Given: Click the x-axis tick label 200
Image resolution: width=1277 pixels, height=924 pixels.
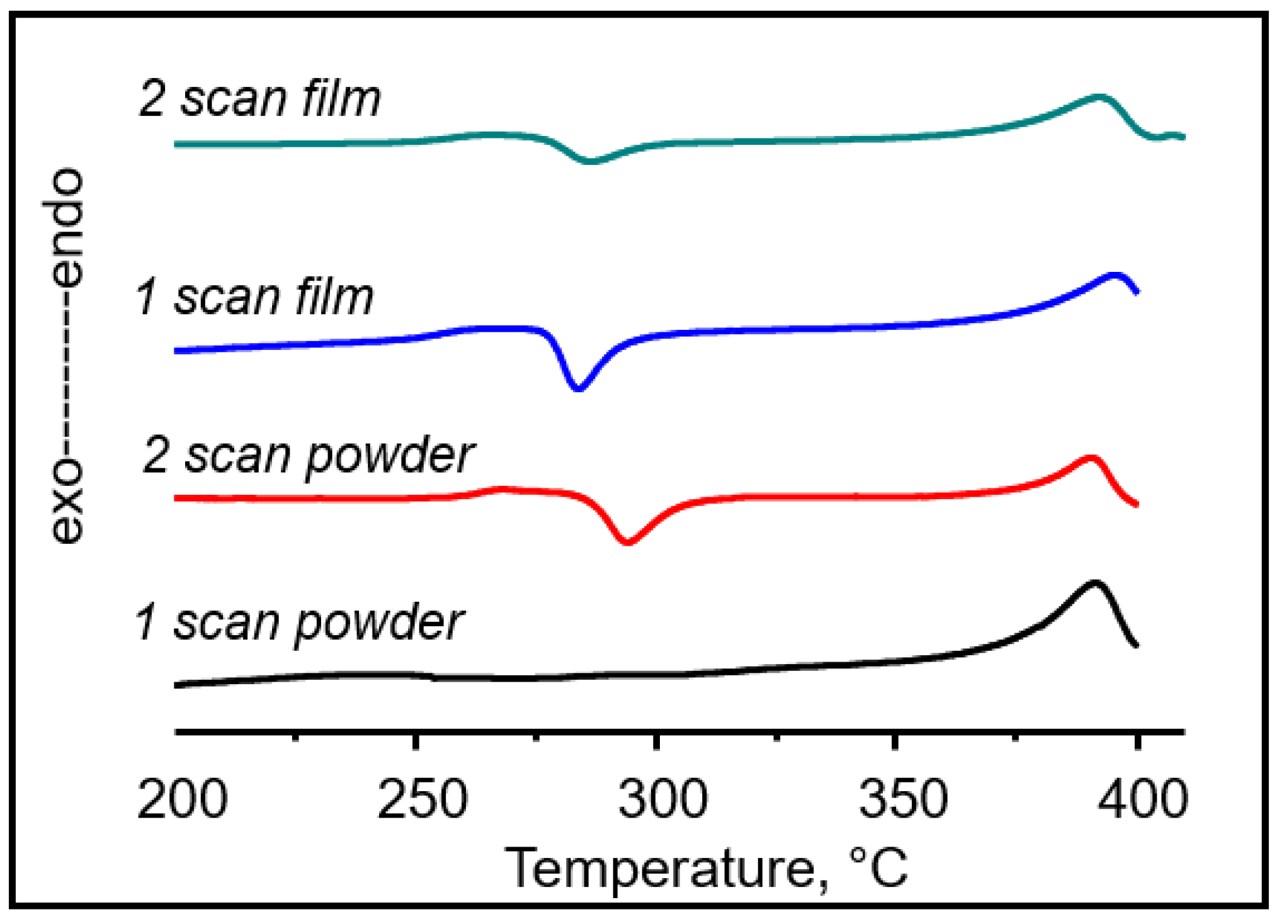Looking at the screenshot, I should click(182, 799).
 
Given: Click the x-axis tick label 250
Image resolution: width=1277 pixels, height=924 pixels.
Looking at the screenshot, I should click(422, 799).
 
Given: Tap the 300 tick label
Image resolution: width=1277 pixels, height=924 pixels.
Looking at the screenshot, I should click(662, 799).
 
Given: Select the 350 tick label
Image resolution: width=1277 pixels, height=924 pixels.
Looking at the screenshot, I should click(903, 799).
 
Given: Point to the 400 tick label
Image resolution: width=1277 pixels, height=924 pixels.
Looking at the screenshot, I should click(1143, 799).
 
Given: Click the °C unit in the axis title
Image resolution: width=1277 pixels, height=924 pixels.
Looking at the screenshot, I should click(878, 868).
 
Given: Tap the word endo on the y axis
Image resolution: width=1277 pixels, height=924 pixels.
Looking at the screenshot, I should click(66, 227).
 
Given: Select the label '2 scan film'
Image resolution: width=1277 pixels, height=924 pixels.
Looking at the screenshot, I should click(259, 99).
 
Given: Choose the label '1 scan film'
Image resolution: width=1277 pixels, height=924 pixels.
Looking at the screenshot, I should click(254, 297).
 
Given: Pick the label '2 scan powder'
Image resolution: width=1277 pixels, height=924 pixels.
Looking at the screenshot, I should click(309, 456).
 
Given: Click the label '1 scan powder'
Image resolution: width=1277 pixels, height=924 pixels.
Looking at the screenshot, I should click(300, 623).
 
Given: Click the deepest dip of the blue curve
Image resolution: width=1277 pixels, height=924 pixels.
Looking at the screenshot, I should click(578, 388).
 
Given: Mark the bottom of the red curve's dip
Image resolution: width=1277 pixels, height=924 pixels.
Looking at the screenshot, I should click(627, 541).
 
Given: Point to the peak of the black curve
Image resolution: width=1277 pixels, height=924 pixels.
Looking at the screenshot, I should click(1094, 583).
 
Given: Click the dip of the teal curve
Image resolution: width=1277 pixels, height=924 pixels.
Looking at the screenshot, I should click(590, 162).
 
